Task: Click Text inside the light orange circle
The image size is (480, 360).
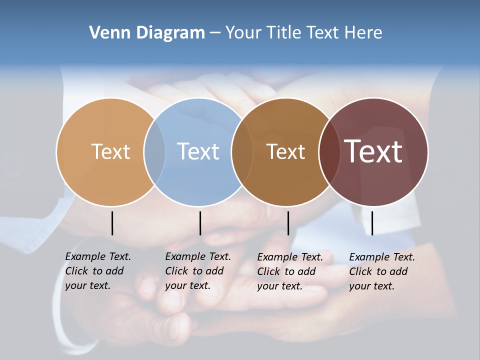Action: [x=110, y=151]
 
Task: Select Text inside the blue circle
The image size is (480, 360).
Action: [x=198, y=151]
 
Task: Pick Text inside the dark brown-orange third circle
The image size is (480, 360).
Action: [x=285, y=152]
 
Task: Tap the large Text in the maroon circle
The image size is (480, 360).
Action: [x=373, y=151]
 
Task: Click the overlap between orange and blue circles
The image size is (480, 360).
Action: [x=154, y=151]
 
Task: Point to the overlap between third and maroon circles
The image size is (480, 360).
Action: [x=329, y=151]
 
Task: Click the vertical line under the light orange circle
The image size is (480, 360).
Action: [x=112, y=223]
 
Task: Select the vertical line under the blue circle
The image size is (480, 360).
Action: [x=200, y=223]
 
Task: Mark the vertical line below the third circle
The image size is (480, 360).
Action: [x=288, y=223]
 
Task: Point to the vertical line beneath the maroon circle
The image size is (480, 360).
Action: [x=372, y=223]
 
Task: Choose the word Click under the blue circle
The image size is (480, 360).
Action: [x=176, y=271]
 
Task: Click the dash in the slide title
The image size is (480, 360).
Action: [x=214, y=33]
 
